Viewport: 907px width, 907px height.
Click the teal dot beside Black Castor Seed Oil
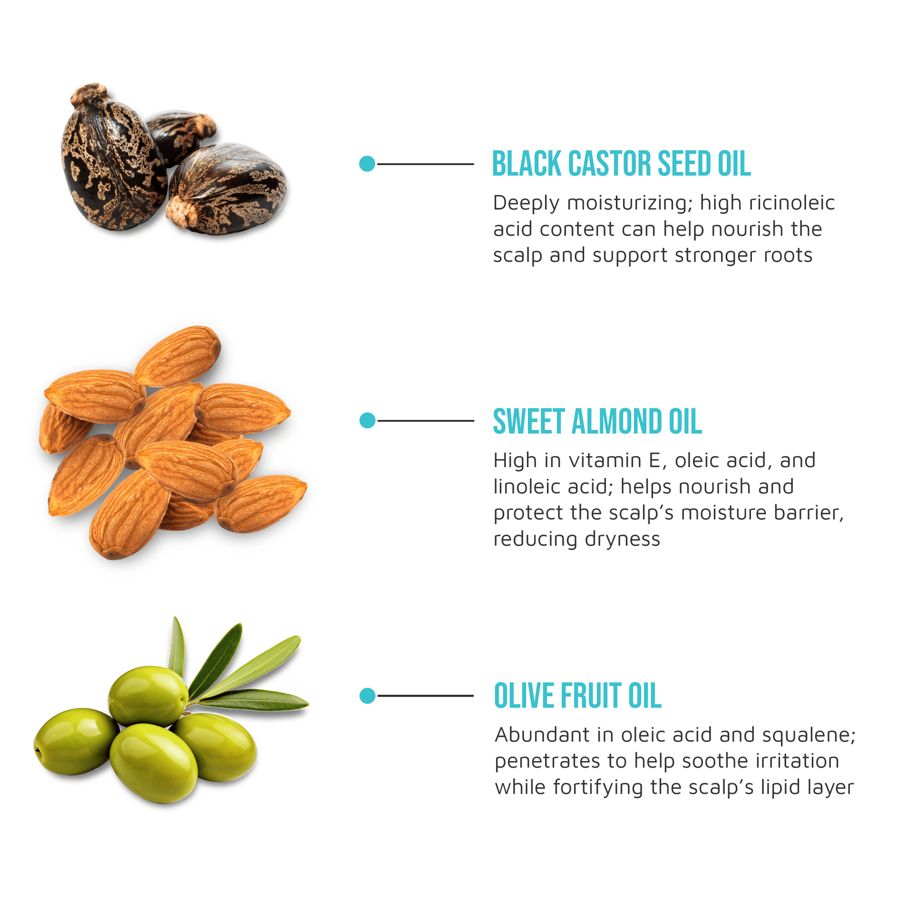(367, 164)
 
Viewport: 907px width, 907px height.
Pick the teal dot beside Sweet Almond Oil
(368, 421)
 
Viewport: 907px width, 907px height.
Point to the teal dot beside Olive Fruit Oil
(368, 696)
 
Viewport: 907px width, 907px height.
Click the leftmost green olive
(75, 742)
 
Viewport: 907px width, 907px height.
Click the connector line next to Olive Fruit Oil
(425, 696)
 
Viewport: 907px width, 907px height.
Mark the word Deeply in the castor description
(526, 203)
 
